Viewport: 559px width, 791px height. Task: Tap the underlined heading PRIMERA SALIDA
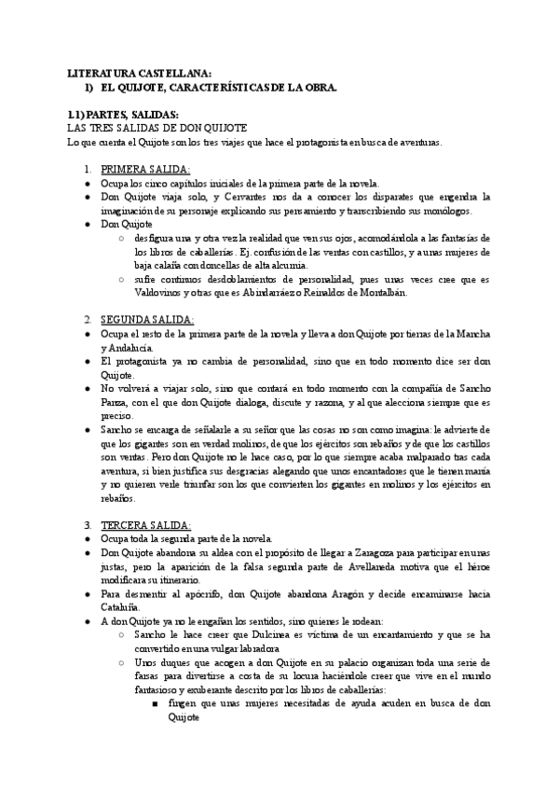point(144,170)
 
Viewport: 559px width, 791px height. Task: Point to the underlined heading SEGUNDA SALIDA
point(146,319)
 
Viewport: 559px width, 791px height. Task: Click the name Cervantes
point(252,198)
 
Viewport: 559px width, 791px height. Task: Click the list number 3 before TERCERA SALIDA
point(88,525)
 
